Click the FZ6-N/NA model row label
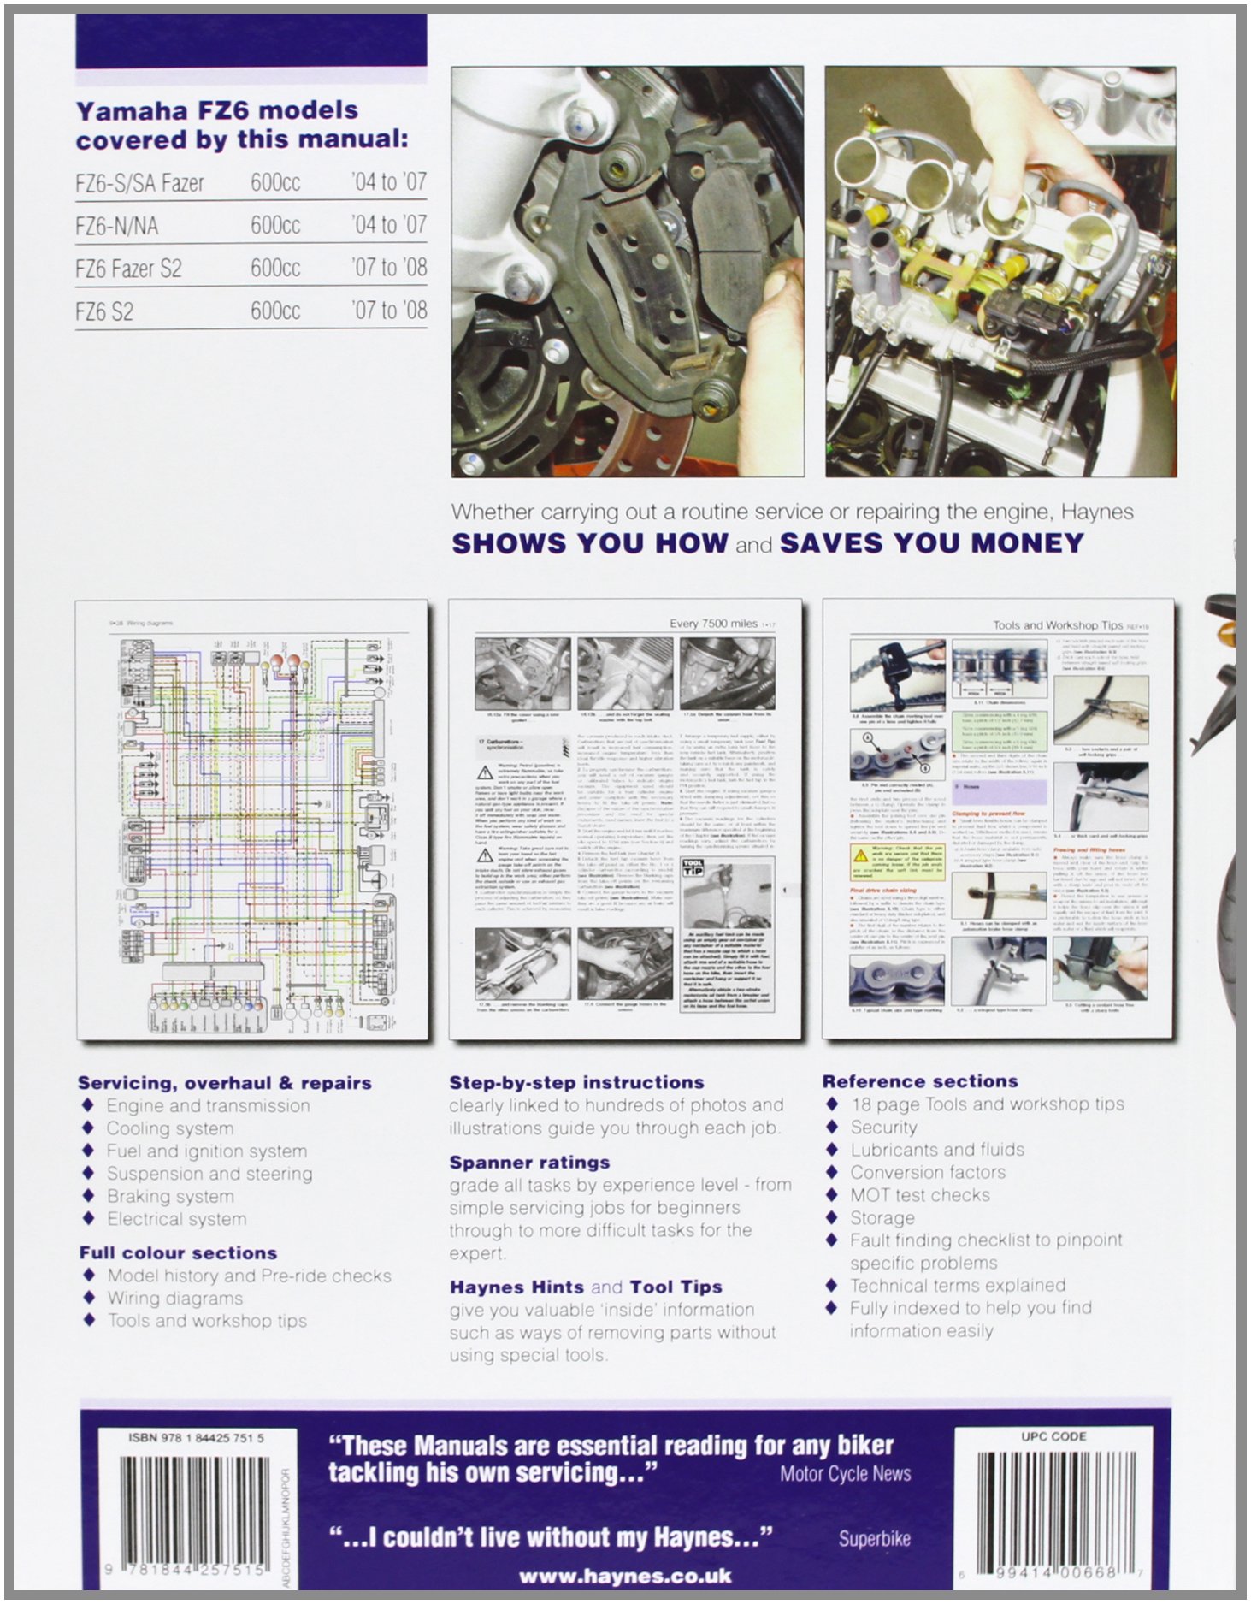coord(117,226)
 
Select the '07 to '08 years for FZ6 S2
coord(388,311)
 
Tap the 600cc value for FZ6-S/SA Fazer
coord(275,182)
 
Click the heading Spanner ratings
coord(529,1163)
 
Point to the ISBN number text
coord(196,1438)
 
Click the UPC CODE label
coord(1053,1436)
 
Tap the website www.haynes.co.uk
coord(625,1576)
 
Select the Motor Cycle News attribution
coord(845,1473)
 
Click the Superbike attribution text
coord(874,1539)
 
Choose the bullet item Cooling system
coord(169,1128)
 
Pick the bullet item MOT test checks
coord(919,1195)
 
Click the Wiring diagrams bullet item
coord(174,1299)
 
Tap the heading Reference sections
coord(920,1081)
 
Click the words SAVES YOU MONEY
coord(931,543)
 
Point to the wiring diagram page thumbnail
coord(252,820)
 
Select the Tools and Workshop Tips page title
coord(1057,625)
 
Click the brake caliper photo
coord(627,271)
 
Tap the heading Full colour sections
coord(178,1253)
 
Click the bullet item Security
coord(883,1127)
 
